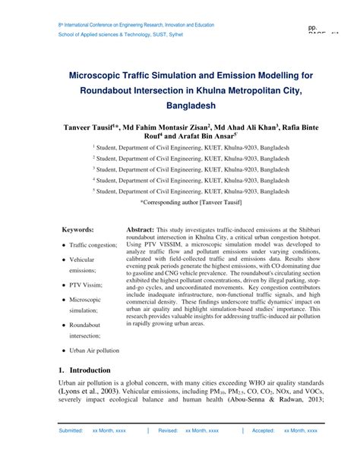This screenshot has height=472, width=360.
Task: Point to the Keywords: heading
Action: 78,229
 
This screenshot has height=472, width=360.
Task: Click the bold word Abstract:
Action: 141,229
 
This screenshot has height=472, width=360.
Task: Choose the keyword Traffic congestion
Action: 93,245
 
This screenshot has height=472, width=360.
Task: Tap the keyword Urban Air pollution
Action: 94,351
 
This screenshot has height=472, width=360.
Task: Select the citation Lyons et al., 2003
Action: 88,391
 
